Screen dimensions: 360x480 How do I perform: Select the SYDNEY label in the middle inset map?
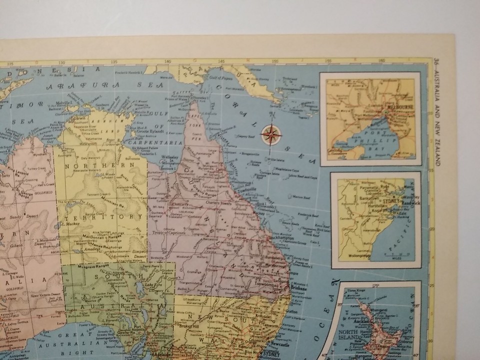click(x=391, y=201)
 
